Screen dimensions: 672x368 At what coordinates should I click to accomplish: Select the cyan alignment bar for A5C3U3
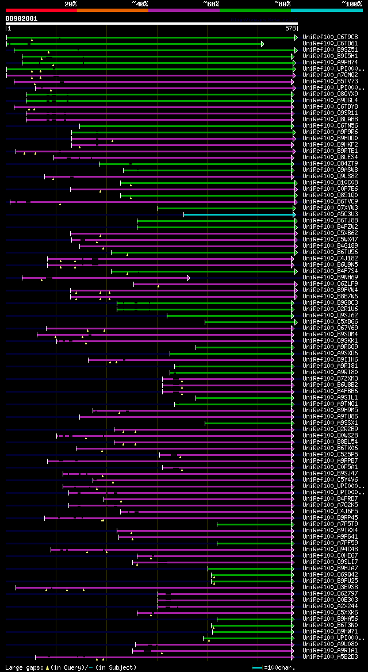click(238, 214)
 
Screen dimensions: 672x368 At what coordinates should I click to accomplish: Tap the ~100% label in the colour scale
click(351, 4)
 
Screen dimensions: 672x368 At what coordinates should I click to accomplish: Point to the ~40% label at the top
click(140, 4)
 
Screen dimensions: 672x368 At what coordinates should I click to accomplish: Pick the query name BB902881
click(21, 18)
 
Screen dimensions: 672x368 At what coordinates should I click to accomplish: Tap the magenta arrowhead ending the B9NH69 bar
click(188, 278)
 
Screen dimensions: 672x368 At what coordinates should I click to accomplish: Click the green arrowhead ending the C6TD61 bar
click(262, 44)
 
